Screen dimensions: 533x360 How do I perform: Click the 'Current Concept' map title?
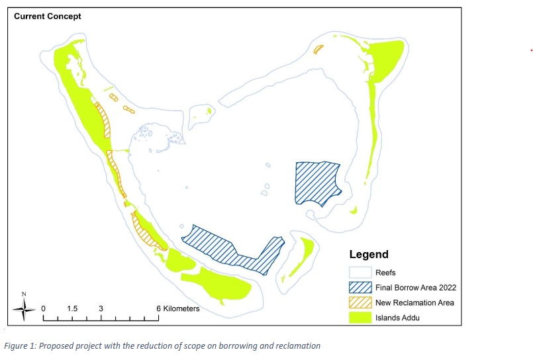point(48,16)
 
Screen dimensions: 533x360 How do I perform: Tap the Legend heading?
point(368,254)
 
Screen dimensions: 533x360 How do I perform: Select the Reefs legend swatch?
point(362,272)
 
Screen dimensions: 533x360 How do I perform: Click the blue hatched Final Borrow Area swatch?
point(362,288)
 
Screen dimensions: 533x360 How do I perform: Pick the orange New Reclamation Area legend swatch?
point(362,303)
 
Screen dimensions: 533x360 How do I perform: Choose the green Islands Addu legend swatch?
point(362,318)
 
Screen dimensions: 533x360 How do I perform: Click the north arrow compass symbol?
point(24,306)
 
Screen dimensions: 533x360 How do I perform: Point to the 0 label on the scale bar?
point(44,308)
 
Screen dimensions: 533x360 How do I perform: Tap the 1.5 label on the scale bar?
point(72,308)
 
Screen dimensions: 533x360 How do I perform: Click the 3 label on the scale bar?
point(101,308)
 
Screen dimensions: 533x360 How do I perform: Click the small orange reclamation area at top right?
point(318,49)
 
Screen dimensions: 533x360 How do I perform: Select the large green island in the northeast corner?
point(387,60)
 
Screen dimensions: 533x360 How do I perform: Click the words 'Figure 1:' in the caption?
point(22,345)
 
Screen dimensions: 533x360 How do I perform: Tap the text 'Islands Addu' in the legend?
point(398,318)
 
